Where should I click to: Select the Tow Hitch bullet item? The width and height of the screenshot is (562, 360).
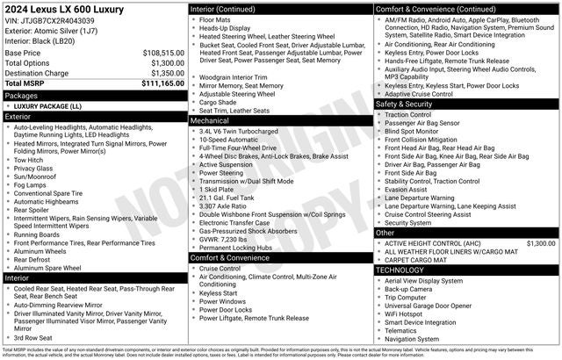[x=29, y=160]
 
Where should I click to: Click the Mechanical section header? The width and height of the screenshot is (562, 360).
[x=212, y=119]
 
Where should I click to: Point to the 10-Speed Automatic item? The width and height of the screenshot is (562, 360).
[x=228, y=139]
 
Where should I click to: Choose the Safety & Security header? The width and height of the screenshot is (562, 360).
[x=404, y=104]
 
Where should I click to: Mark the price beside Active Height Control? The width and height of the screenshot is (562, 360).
[x=540, y=242]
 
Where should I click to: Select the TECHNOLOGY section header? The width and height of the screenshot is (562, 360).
[x=399, y=270]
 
